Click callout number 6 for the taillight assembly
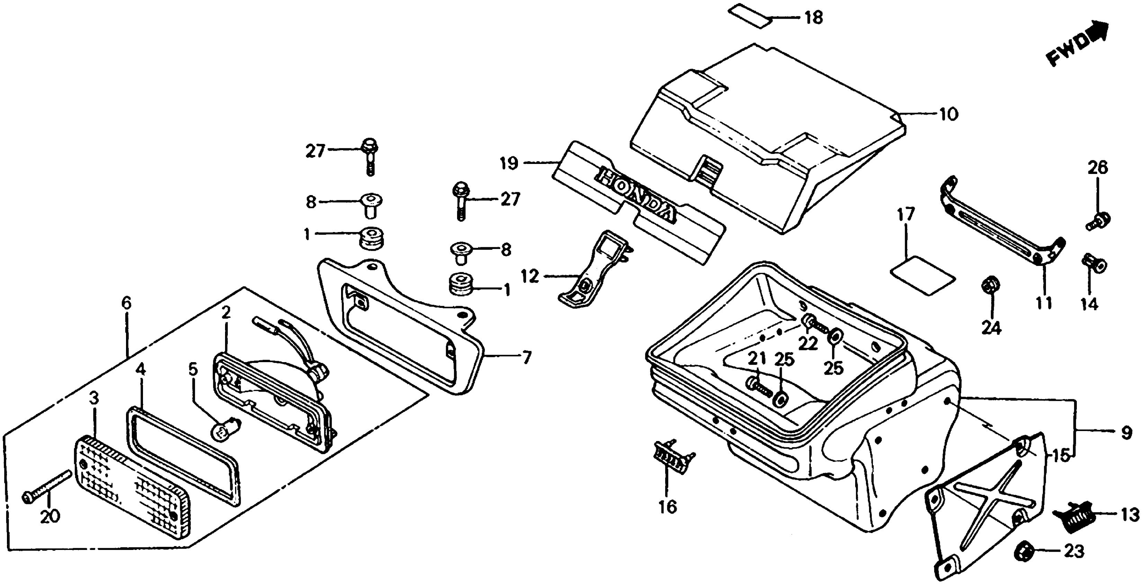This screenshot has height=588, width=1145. tap(127, 304)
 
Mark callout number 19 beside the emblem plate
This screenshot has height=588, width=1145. tap(509, 164)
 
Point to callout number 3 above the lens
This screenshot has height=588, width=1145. tap(94, 399)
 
